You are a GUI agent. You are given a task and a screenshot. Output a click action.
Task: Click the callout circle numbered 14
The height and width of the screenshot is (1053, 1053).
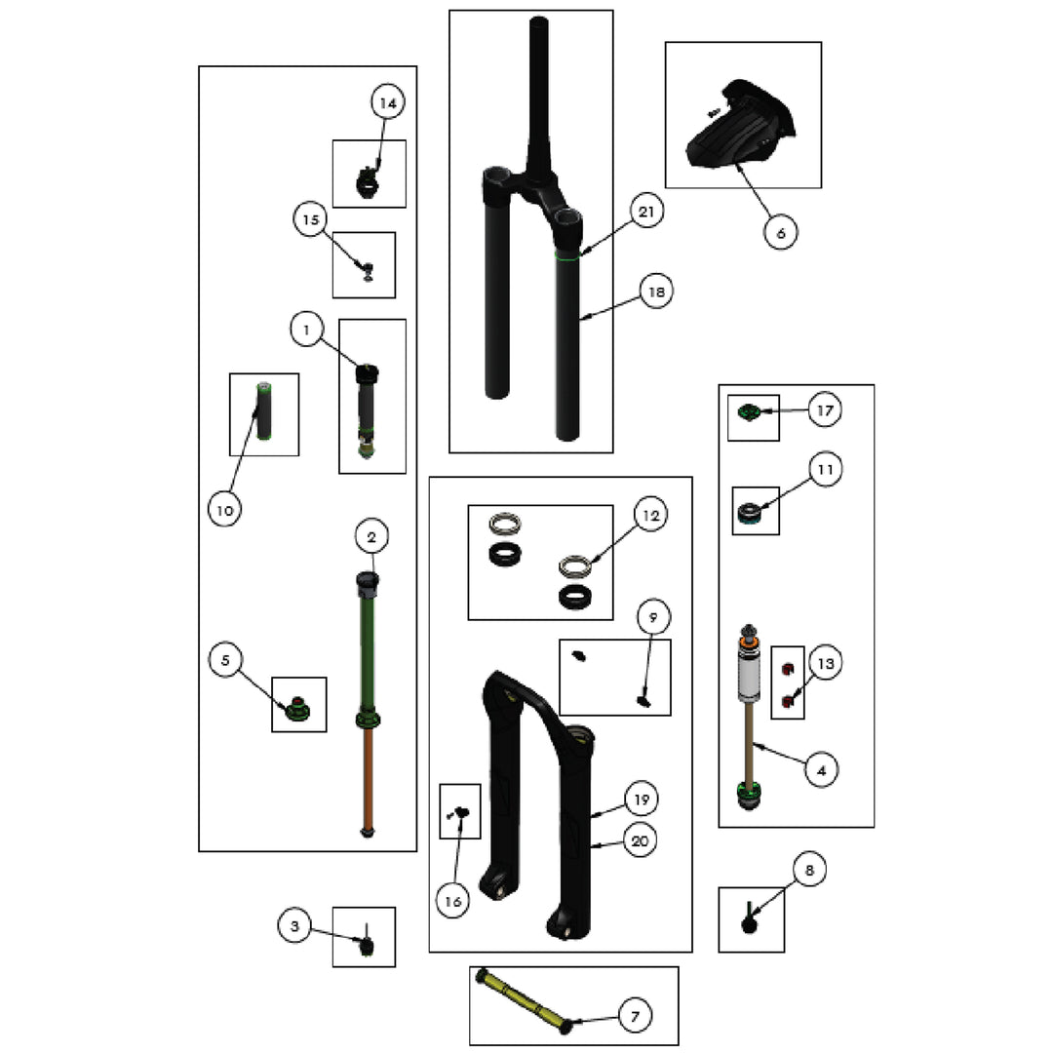388,102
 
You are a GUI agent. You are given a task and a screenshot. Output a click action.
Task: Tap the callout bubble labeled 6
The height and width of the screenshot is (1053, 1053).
780,233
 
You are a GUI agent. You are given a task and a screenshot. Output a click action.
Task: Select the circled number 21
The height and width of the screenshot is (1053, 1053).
646,212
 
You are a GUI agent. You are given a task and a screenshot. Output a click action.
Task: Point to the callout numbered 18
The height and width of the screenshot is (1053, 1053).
656,292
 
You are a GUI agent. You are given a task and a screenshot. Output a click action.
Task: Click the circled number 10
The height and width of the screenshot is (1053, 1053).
225,510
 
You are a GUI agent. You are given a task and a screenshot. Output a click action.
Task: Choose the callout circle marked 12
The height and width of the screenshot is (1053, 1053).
650,515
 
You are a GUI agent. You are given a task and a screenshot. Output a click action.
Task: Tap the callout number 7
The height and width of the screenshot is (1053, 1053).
636,1016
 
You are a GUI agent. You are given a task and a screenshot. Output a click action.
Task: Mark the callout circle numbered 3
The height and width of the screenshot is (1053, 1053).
294,926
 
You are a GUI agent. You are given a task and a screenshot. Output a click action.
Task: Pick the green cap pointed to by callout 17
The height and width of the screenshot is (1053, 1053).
748,411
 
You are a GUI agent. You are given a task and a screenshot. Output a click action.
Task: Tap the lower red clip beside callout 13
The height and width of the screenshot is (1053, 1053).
789,702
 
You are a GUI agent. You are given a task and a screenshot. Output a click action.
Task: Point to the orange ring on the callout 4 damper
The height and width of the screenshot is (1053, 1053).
749,644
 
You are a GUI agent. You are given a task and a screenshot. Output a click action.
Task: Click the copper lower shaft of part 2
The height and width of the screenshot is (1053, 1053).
368,779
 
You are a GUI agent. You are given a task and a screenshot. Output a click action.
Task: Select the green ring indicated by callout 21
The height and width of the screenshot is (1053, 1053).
567,255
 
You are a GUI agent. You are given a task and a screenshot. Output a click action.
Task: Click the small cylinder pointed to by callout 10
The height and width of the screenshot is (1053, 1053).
264,411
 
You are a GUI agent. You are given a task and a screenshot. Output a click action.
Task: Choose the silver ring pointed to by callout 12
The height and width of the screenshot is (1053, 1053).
573,566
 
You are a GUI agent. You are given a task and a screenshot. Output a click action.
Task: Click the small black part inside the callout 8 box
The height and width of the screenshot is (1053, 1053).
749,919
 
